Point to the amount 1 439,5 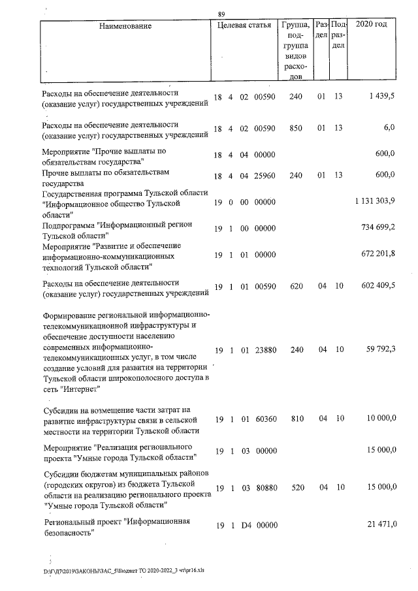(x=382, y=97)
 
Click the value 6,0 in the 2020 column (x=389, y=127)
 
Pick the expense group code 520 (x=297, y=487)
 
